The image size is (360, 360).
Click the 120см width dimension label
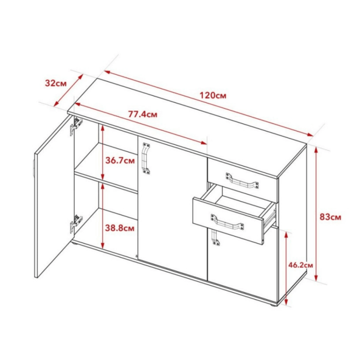(213, 95)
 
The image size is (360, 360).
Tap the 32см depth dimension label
(56, 83)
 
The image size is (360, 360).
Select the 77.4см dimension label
(143, 114)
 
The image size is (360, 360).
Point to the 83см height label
(330, 217)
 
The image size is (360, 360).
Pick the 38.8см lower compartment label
(120, 228)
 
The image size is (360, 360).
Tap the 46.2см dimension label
(301, 265)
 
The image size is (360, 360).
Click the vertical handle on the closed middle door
(146, 157)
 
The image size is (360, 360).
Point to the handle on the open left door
(34, 169)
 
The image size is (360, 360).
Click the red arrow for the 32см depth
(68, 90)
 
